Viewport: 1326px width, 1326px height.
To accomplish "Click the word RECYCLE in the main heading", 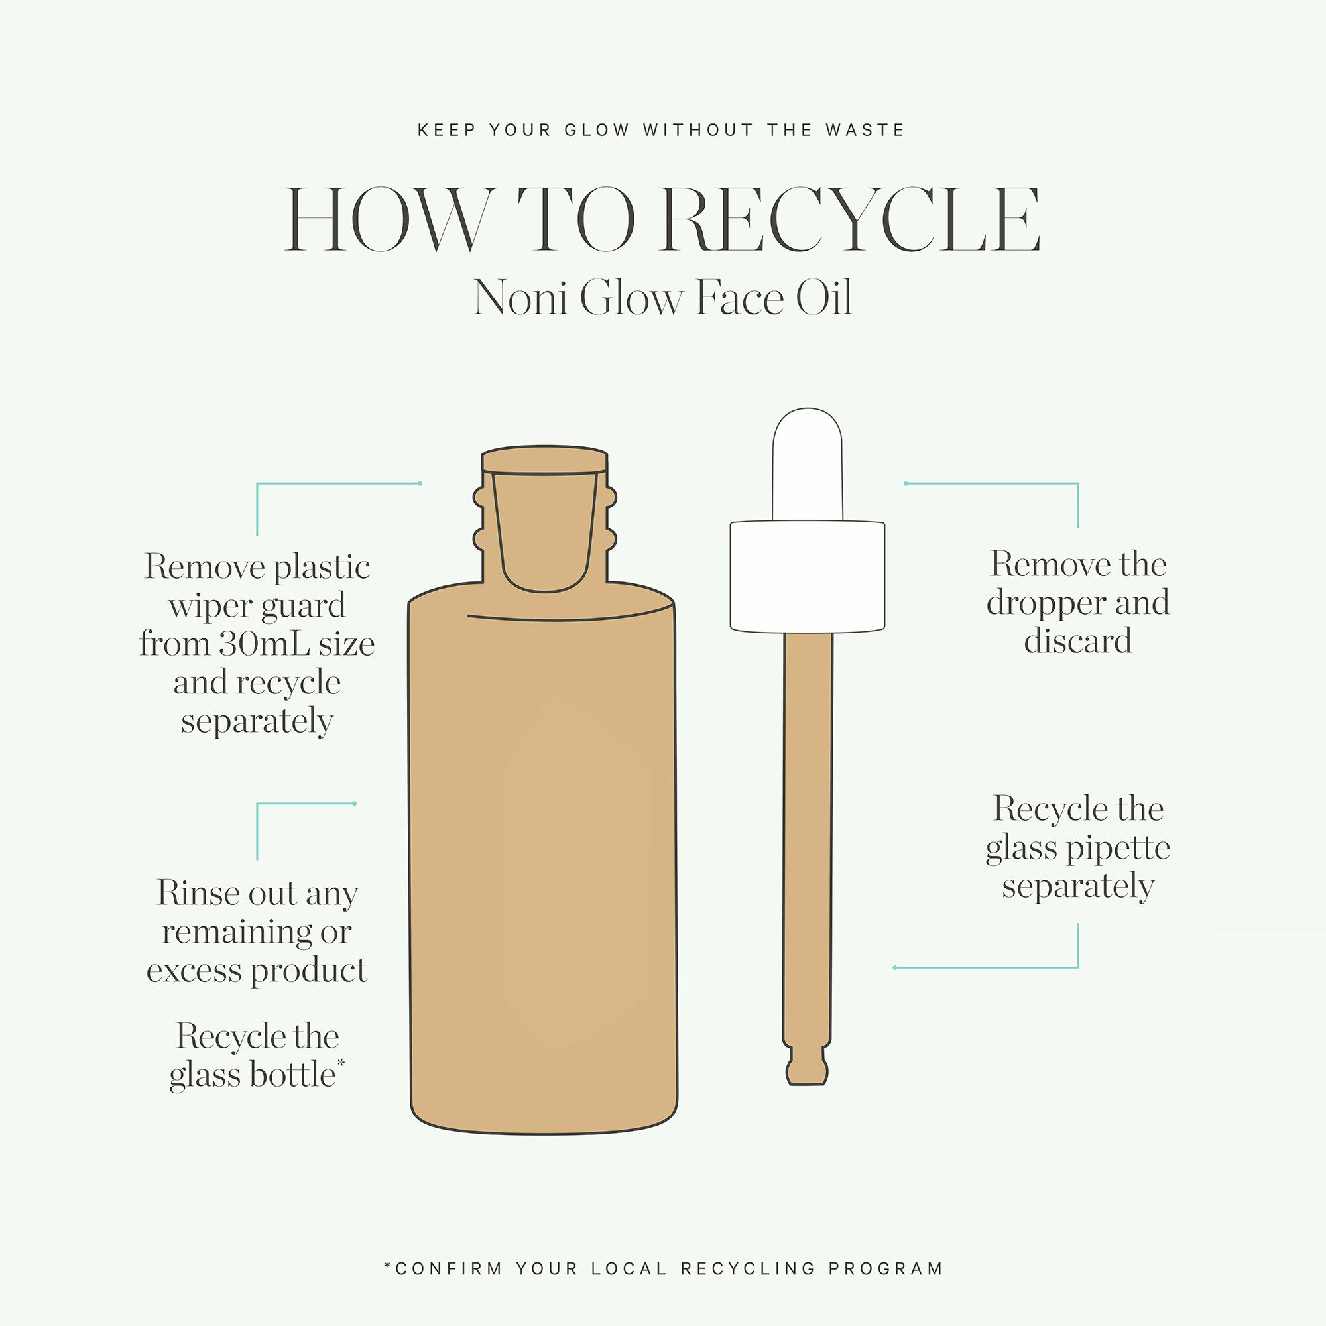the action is tap(852, 219).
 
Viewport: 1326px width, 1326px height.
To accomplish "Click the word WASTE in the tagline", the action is tap(865, 130).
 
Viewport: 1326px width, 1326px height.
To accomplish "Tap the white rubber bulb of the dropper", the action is tap(807, 465).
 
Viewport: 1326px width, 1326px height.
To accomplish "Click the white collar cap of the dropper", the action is tap(807, 577).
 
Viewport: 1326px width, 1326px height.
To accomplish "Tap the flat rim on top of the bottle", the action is tap(545, 460).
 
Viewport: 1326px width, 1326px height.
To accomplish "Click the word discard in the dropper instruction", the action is tap(1077, 641).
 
